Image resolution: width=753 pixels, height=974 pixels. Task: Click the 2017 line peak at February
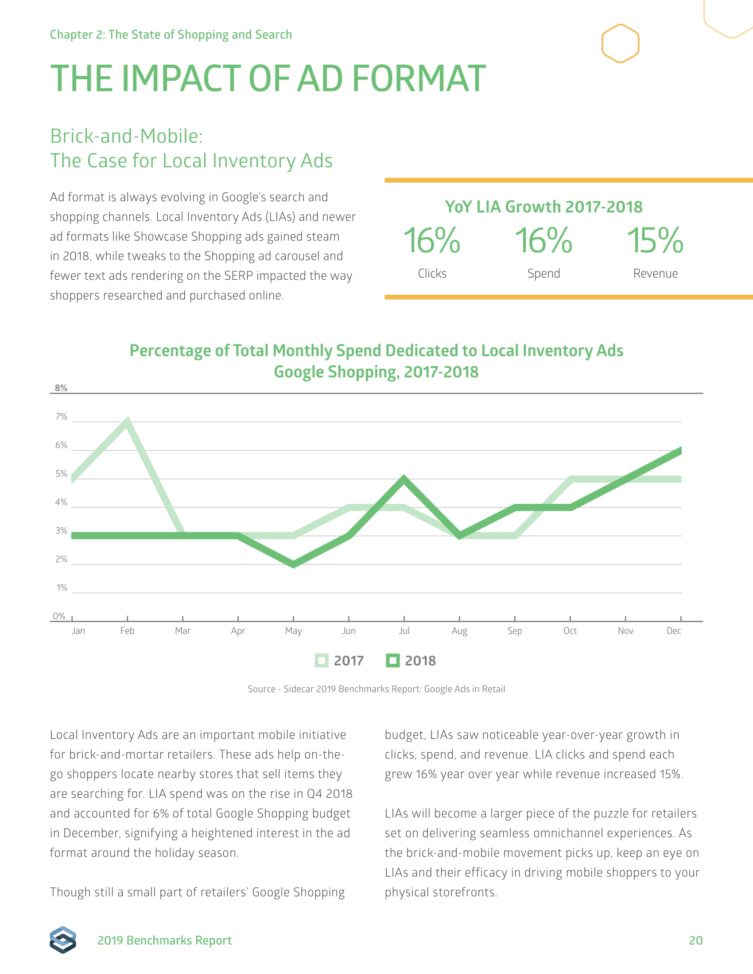coord(127,422)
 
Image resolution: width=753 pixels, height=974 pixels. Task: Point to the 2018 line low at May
coord(293,564)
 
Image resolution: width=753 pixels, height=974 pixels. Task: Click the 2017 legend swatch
coord(321,661)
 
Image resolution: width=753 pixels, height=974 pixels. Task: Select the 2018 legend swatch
coord(392,661)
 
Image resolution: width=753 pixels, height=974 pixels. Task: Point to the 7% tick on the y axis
coord(61,417)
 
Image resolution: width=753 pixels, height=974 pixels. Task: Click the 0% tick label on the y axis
coord(59,616)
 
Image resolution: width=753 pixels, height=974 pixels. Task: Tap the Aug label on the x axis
coord(459,630)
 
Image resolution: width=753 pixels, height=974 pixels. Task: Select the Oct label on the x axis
coord(570,630)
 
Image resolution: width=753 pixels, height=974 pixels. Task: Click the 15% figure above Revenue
coord(655,240)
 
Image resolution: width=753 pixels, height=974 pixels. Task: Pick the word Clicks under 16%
coord(432,273)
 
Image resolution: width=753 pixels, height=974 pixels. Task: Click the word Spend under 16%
coord(543,273)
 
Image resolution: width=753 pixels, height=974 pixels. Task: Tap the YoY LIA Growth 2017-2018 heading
coord(543,207)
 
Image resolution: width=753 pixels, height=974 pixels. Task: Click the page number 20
coord(695,940)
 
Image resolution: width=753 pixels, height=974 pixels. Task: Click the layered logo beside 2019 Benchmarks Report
coord(63,939)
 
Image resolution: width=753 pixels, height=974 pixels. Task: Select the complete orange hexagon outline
coord(620,43)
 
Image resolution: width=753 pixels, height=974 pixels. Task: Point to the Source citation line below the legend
coord(376,689)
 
